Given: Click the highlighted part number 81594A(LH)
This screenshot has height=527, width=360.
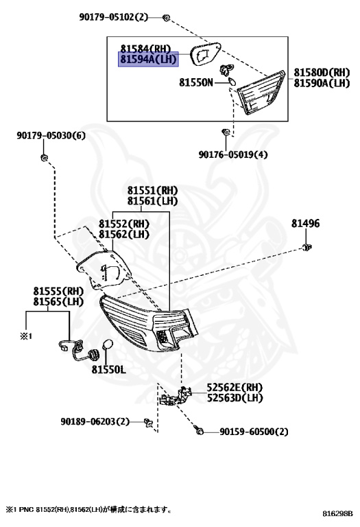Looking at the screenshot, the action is (x=148, y=60).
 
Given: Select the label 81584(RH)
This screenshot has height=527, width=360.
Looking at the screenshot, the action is (x=146, y=49).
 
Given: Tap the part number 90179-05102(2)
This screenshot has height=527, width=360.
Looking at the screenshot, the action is (x=114, y=16).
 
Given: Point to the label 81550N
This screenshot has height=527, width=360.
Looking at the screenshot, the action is (x=196, y=82).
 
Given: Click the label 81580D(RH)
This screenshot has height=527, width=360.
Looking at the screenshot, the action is (x=322, y=72).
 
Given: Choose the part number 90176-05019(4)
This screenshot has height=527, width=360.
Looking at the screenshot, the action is (x=233, y=154).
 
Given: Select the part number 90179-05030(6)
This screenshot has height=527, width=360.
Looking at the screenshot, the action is (x=51, y=135).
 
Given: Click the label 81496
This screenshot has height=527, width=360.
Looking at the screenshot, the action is (x=305, y=224).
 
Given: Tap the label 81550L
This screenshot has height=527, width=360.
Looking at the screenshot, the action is (x=109, y=370).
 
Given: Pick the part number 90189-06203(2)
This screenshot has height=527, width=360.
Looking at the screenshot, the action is (x=95, y=421).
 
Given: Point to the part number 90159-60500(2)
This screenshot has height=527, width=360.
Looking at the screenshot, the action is (x=254, y=432).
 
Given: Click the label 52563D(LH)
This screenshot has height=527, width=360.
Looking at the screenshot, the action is (x=235, y=398).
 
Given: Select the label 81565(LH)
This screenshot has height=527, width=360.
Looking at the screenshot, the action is (x=58, y=302).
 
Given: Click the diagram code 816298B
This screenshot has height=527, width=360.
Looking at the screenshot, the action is (x=338, y=513).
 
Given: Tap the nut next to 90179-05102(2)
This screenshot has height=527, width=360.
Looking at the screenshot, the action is (x=166, y=17).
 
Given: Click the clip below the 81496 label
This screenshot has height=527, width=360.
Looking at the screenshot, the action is (x=307, y=248).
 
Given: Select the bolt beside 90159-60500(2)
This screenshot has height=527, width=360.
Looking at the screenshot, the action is (x=198, y=430).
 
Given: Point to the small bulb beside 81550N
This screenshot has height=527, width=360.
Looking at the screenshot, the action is (x=232, y=81).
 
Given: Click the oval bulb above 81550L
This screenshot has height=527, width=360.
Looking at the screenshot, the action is (x=107, y=345).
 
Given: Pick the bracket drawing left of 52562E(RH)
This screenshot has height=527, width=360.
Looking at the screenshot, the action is (x=176, y=397).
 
